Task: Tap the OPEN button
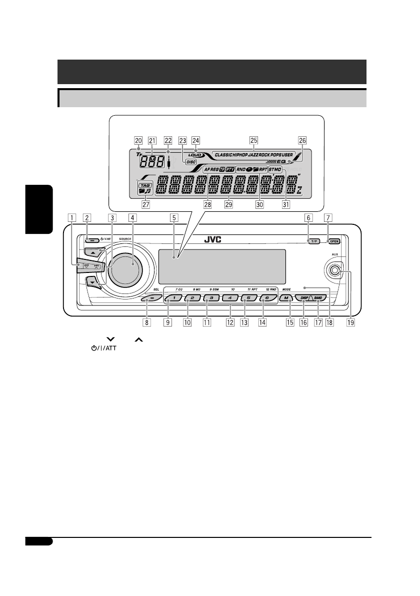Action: pyautogui.click(x=333, y=241)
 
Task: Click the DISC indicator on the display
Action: pyautogui.click(x=191, y=162)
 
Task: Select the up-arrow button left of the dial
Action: pyautogui.click(x=93, y=253)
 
